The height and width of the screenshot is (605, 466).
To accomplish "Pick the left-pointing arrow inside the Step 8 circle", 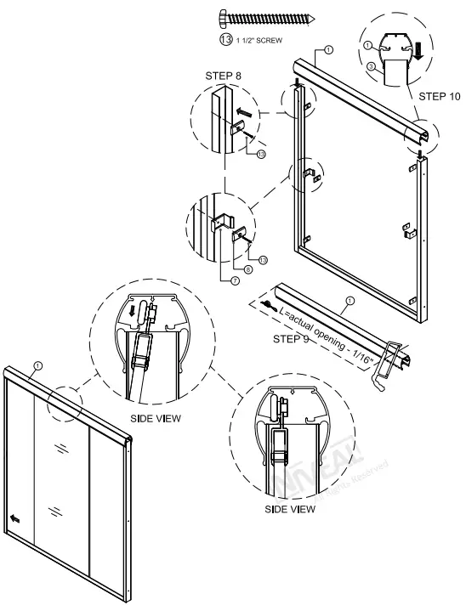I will tap(244, 110).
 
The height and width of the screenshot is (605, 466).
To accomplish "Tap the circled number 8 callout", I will tap(247, 270).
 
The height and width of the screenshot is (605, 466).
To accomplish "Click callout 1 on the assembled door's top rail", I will tap(36, 366).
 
